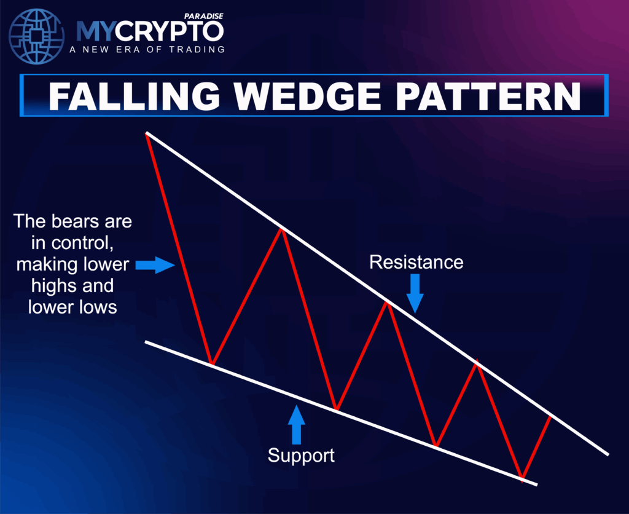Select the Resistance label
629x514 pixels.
[x=416, y=263]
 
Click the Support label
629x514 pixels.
[x=301, y=456]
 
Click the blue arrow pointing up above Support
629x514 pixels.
[x=297, y=424]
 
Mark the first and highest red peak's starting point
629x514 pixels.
[x=147, y=133]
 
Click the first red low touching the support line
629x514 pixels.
[x=211, y=364]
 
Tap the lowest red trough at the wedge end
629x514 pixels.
[x=522, y=478]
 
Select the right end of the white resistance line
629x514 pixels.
[x=607, y=454]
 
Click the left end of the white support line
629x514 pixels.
[x=146, y=342]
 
